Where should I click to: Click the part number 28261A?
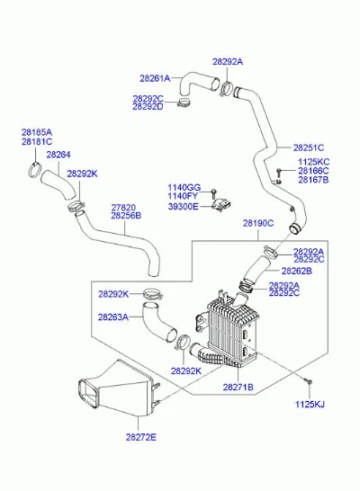click(x=155, y=78)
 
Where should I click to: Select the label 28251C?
click(x=309, y=147)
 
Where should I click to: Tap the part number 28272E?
click(x=141, y=437)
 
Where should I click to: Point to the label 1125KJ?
click(x=310, y=404)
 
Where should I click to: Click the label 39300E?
click(x=184, y=206)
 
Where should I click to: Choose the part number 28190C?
click(x=258, y=223)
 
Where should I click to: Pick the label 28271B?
click(x=238, y=387)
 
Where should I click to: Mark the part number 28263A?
click(x=113, y=317)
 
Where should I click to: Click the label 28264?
click(x=58, y=155)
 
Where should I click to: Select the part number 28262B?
click(x=296, y=271)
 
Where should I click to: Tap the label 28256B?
click(x=126, y=216)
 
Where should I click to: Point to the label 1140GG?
click(x=184, y=188)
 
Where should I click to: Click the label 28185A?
click(x=37, y=132)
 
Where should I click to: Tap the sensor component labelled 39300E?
click(x=221, y=205)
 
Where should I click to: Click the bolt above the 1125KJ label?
click(x=308, y=380)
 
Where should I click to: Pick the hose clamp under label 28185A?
click(x=35, y=169)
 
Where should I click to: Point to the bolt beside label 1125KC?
click(x=278, y=171)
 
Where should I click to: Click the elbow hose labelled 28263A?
click(x=158, y=323)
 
